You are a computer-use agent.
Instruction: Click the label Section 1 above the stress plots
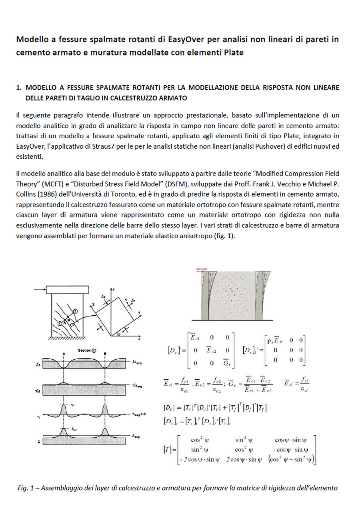tap(86, 350)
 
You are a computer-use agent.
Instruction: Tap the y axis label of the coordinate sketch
tap(114, 289)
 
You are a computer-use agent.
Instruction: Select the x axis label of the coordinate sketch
tap(139, 338)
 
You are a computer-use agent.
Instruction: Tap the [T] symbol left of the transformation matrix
tap(168, 449)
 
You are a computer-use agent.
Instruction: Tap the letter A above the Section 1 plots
tap(64, 354)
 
